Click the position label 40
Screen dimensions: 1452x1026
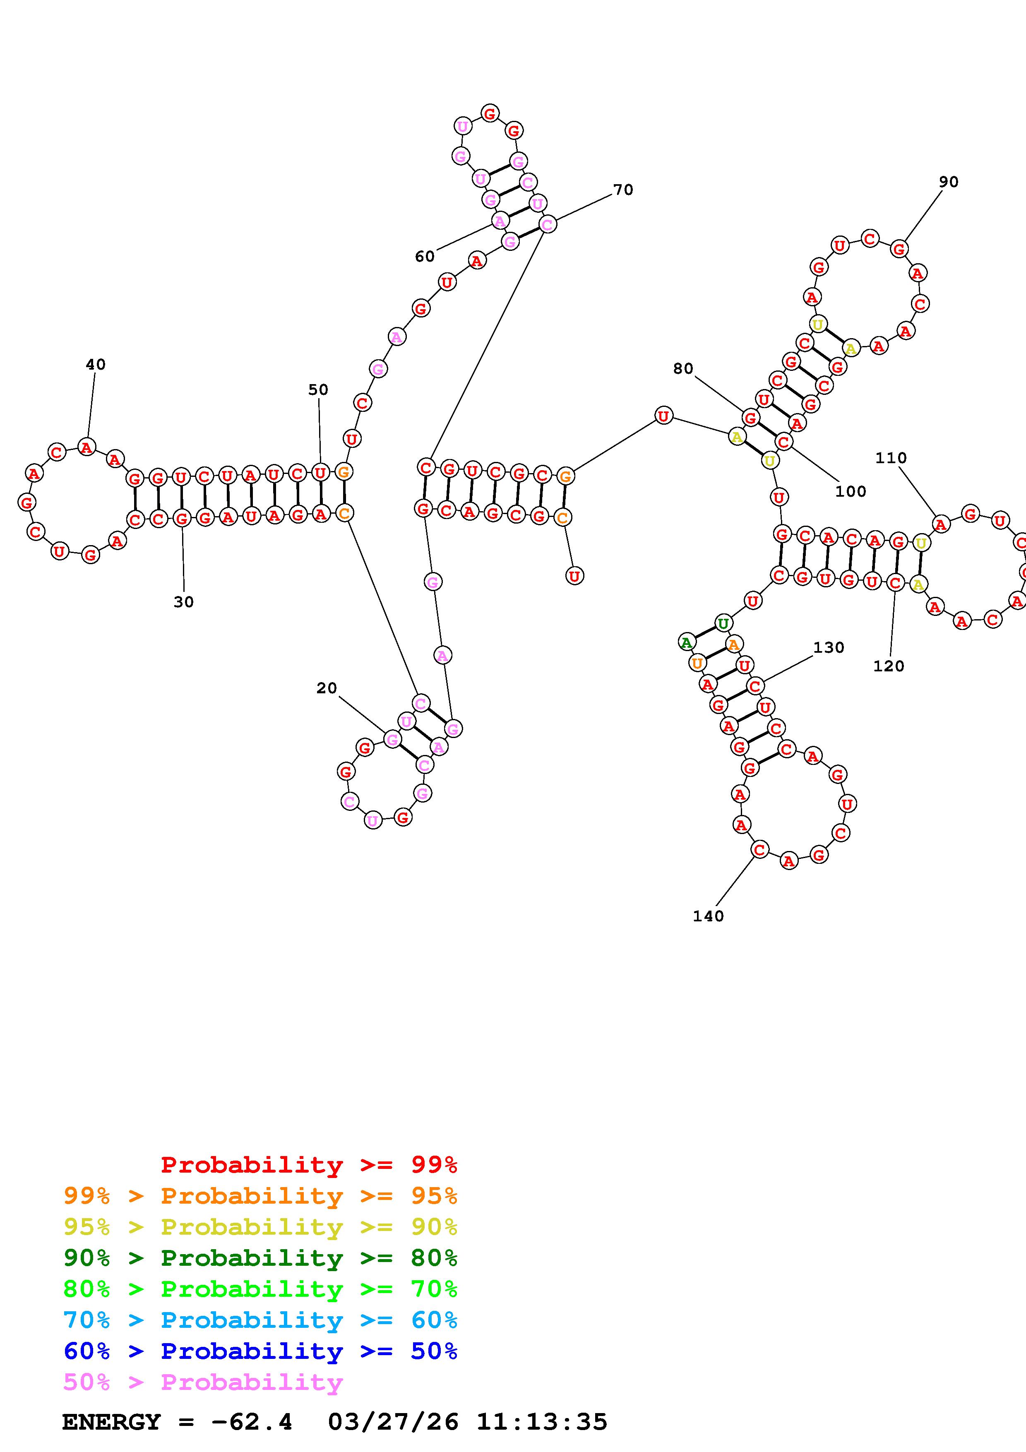coord(96,364)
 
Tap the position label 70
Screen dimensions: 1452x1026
coord(623,190)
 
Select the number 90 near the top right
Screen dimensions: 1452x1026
coord(948,182)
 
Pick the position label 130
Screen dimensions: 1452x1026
coord(828,648)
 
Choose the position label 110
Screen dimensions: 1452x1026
coord(891,458)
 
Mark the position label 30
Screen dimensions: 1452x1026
coord(183,602)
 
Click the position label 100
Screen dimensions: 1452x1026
coord(850,491)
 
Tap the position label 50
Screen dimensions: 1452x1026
coord(318,389)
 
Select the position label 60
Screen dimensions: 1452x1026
coord(424,256)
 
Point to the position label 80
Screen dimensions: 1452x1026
coord(683,369)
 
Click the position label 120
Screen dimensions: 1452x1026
coord(888,666)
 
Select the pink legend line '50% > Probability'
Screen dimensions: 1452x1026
coord(203,1382)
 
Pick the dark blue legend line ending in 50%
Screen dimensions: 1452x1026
coord(260,1351)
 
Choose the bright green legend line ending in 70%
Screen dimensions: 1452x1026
coord(260,1289)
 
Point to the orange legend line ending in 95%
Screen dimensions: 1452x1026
coord(260,1196)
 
